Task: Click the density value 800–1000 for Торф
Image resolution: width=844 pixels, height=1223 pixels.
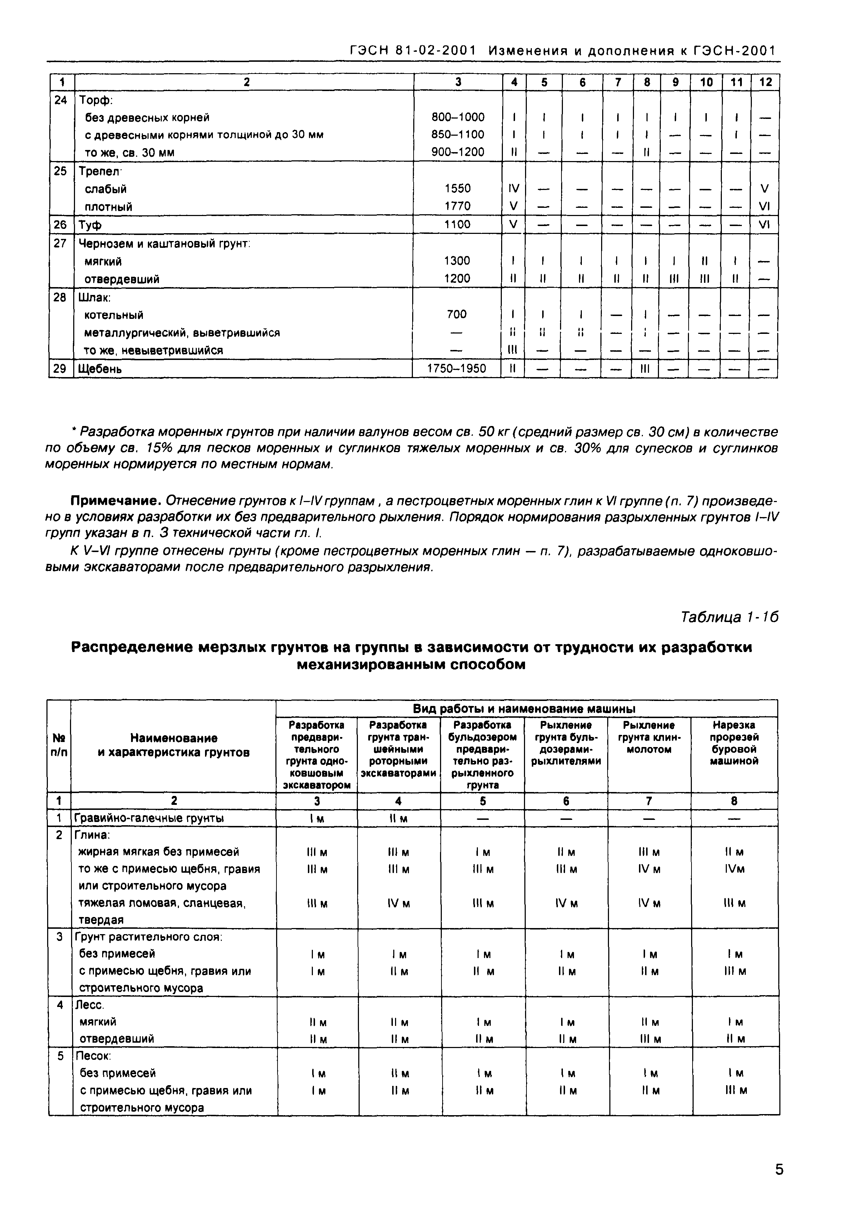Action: pos(458,117)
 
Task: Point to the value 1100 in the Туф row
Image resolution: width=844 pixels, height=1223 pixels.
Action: pos(457,224)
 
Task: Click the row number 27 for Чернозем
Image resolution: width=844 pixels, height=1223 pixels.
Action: pos(60,243)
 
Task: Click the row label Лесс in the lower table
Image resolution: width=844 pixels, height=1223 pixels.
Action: pos(90,1005)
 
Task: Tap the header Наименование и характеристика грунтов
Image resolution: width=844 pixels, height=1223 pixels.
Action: pos(174,745)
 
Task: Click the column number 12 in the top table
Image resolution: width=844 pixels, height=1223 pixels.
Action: pos(765,82)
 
